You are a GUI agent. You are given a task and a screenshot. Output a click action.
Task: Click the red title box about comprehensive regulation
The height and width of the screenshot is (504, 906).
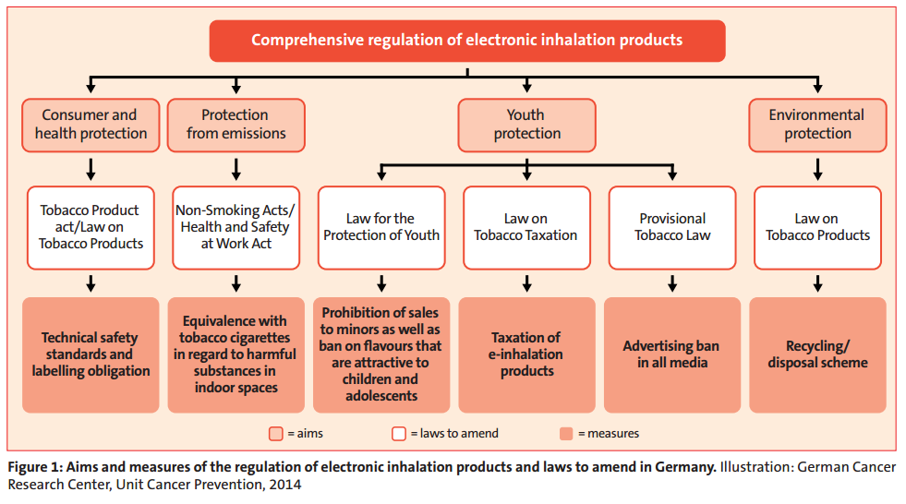point(467,41)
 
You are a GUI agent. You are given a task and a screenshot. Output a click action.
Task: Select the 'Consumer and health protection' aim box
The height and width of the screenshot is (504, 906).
point(91,126)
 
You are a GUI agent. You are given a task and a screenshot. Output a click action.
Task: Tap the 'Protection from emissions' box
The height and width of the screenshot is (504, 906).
point(236,126)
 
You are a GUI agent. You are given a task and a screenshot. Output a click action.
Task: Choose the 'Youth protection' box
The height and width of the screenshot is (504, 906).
point(526,126)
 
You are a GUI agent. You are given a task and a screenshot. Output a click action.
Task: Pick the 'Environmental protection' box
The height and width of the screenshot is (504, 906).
point(817,126)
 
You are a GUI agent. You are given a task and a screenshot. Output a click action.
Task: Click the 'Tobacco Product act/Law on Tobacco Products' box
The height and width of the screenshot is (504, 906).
point(91,227)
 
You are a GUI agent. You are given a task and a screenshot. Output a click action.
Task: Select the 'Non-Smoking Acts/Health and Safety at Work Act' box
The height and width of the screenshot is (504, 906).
point(236,227)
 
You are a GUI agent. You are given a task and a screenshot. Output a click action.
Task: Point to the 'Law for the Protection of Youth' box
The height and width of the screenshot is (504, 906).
point(381,227)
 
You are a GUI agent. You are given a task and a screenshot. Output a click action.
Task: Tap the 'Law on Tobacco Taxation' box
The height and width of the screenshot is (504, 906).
point(526,227)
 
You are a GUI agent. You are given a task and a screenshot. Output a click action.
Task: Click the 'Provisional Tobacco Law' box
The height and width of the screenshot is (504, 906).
point(672,227)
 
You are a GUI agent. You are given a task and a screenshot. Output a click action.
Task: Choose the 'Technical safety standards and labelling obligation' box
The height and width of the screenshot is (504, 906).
point(91,355)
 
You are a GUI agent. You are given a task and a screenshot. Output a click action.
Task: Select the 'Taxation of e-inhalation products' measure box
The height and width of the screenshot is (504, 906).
point(526,355)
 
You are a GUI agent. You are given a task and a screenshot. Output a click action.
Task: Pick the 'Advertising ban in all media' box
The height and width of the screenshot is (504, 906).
point(672,355)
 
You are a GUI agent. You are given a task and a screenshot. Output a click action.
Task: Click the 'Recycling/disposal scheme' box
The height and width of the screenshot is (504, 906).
point(817,355)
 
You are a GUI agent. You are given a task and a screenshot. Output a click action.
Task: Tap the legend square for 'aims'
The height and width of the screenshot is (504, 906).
point(276,434)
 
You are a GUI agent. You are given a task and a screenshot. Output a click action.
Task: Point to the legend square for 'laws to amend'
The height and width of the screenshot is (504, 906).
point(399,434)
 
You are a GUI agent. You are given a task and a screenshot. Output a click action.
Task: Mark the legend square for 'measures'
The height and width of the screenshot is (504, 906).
point(566,434)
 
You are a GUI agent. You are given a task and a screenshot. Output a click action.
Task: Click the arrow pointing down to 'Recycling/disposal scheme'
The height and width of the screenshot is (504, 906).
point(817,283)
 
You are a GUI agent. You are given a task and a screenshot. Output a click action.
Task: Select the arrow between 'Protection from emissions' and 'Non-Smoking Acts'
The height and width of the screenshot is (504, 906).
point(236,170)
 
